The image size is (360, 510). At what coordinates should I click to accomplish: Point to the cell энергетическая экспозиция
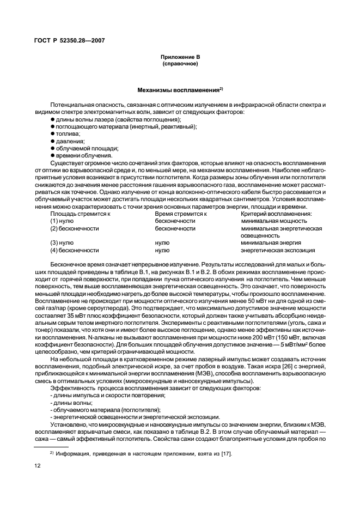(278, 250)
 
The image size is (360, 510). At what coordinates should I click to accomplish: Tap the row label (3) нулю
(62, 243)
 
